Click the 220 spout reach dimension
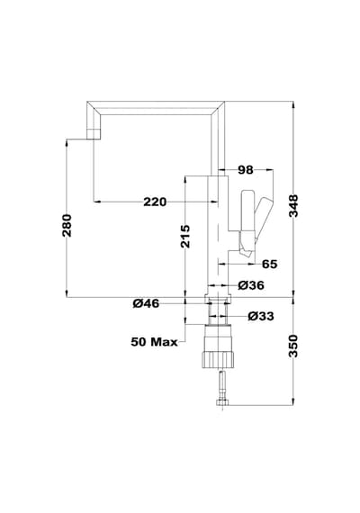pyautogui.click(x=155, y=202)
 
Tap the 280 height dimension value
pyautogui.click(x=67, y=225)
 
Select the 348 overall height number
pyautogui.click(x=293, y=206)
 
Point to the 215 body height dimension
pyautogui.click(x=185, y=236)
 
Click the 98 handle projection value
pyautogui.click(x=246, y=170)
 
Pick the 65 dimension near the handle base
pyautogui.click(x=270, y=264)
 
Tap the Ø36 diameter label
pyautogui.click(x=251, y=285)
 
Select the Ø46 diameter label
pyautogui.click(x=146, y=303)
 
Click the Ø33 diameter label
pyautogui.click(x=261, y=317)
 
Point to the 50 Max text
pyautogui.click(x=154, y=342)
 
